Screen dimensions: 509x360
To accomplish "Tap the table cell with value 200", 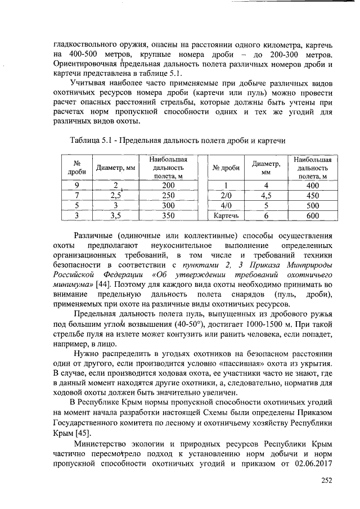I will [x=168, y=186].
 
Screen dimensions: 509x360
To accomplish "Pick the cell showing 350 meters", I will [x=168, y=215].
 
